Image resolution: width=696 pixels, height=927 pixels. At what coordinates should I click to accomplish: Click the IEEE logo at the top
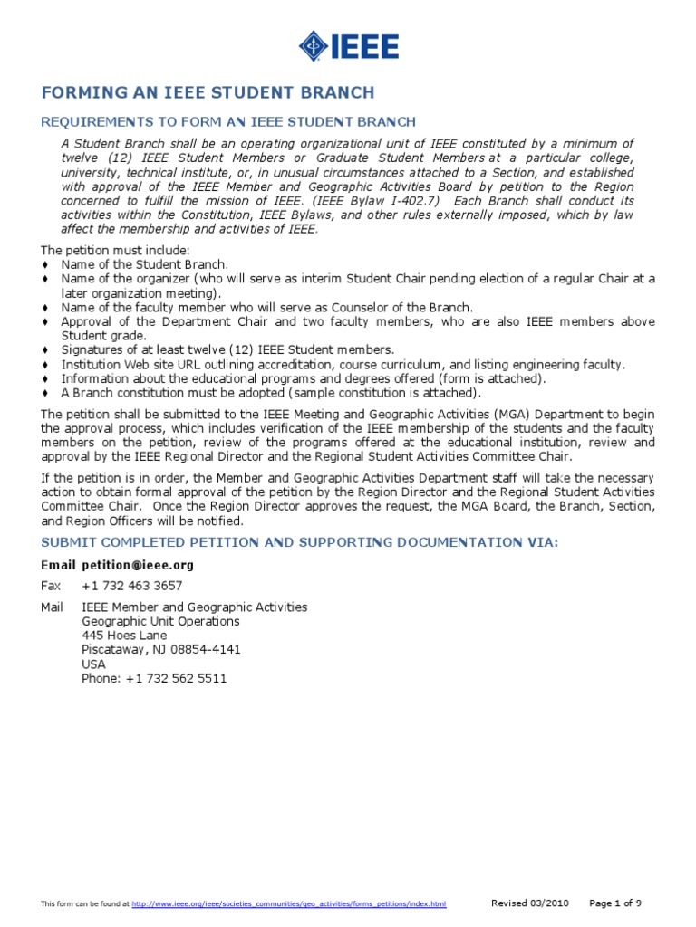(x=348, y=44)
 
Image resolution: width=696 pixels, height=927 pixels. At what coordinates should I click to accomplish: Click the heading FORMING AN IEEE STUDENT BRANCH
(x=208, y=93)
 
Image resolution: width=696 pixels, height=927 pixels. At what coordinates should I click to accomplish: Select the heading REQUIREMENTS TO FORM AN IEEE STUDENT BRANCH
(x=228, y=122)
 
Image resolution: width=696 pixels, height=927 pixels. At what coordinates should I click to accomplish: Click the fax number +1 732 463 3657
(x=131, y=586)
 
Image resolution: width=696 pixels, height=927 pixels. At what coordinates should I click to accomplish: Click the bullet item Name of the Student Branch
(x=144, y=264)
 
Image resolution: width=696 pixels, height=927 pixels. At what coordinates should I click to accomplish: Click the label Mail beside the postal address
(x=52, y=607)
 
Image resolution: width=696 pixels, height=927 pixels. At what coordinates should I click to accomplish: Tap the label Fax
(x=50, y=586)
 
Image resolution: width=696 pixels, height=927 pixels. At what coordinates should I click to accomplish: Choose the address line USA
(x=93, y=664)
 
